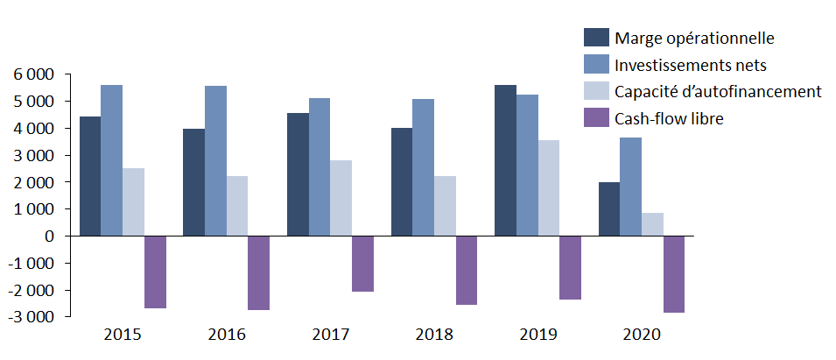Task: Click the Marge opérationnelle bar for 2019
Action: coord(505,160)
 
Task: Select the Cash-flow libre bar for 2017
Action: coord(362,264)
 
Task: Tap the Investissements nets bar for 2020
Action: coord(630,187)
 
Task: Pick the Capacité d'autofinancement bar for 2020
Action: coord(652,224)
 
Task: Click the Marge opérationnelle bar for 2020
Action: coord(609,209)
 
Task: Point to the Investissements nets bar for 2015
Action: coord(111,160)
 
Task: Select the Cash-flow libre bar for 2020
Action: coord(674,274)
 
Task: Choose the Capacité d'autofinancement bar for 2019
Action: coord(548,187)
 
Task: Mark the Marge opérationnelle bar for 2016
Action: coord(193,182)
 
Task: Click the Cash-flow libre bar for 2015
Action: coord(155,272)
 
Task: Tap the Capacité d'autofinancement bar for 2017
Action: coord(341,198)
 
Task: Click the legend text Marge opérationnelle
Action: coord(694,38)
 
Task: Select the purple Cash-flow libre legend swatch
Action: coord(596,118)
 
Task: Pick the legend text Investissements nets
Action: coord(691,65)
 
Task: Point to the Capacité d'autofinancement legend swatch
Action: coord(596,91)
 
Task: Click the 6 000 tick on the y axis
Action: coord(33,74)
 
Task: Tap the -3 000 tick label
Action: coord(31,317)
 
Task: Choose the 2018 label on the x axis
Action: coord(434,334)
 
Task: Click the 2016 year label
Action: coord(226,334)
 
